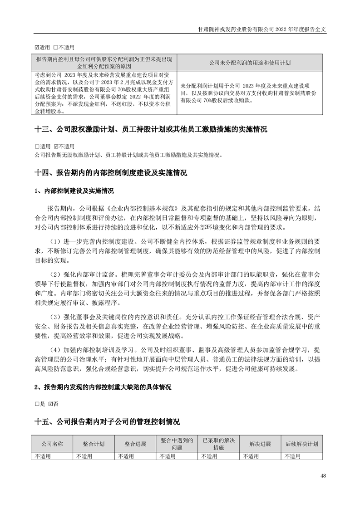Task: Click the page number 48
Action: coord(323,476)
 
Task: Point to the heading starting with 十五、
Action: coord(107,422)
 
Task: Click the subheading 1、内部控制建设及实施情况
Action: coord(74,191)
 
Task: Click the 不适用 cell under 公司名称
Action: coord(43,456)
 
